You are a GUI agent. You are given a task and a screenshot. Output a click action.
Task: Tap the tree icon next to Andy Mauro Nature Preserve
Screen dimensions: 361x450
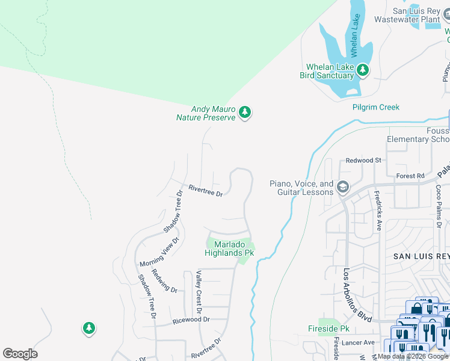click(x=244, y=112)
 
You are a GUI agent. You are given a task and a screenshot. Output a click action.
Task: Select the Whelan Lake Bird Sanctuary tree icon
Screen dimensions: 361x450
click(x=362, y=70)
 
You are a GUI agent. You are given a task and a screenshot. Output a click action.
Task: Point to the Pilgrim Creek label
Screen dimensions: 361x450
click(x=376, y=107)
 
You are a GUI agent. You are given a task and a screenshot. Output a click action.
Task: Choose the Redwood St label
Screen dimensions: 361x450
click(x=363, y=161)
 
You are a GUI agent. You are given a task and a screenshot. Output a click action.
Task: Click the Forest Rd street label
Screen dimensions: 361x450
click(x=411, y=176)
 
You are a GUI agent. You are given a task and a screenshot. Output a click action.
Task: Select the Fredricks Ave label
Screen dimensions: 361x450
click(x=378, y=211)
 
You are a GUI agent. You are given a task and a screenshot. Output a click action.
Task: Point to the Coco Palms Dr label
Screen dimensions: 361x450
click(x=439, y=203)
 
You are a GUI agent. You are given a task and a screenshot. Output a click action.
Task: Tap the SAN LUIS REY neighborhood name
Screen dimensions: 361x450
click(x=421, y=256)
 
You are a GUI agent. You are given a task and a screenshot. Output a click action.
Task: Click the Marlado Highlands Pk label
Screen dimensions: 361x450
click(x=229, y=248)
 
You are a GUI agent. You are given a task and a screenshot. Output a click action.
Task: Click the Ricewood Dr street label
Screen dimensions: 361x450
click(x=190, y=319)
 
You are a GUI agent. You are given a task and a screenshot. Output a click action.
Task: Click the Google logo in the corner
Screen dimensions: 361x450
click(x=20, y=354)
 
